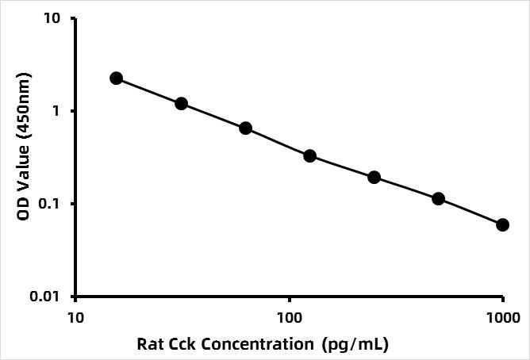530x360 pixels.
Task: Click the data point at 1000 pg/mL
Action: pyautogui.click(x=503, y=225)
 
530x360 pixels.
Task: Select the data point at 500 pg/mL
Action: pyautogui.click(x=438, y=198)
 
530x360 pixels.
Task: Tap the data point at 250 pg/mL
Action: pyautogui.click(x=374, y=177)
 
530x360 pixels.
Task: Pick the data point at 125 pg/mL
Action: pyautogui.click(x=309, y=156)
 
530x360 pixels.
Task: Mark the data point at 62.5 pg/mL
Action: pyautogui.click(x=245, y=128)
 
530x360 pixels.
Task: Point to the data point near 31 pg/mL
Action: pyautogui.click(x=181, y=104)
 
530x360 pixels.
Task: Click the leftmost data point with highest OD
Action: pyautogui.click(x=117, y=78)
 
